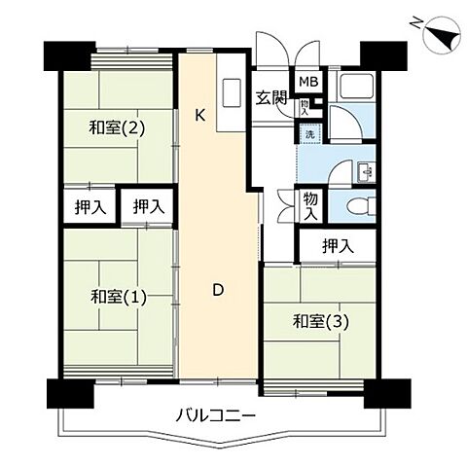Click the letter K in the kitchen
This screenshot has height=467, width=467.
point(199,115)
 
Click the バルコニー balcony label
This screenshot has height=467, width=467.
point(215,415)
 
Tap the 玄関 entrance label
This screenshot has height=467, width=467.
point(269,96)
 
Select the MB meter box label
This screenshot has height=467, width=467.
point(307,83)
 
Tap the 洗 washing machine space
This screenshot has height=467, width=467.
point(308,133)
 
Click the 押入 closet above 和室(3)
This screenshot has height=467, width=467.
point(338,247)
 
